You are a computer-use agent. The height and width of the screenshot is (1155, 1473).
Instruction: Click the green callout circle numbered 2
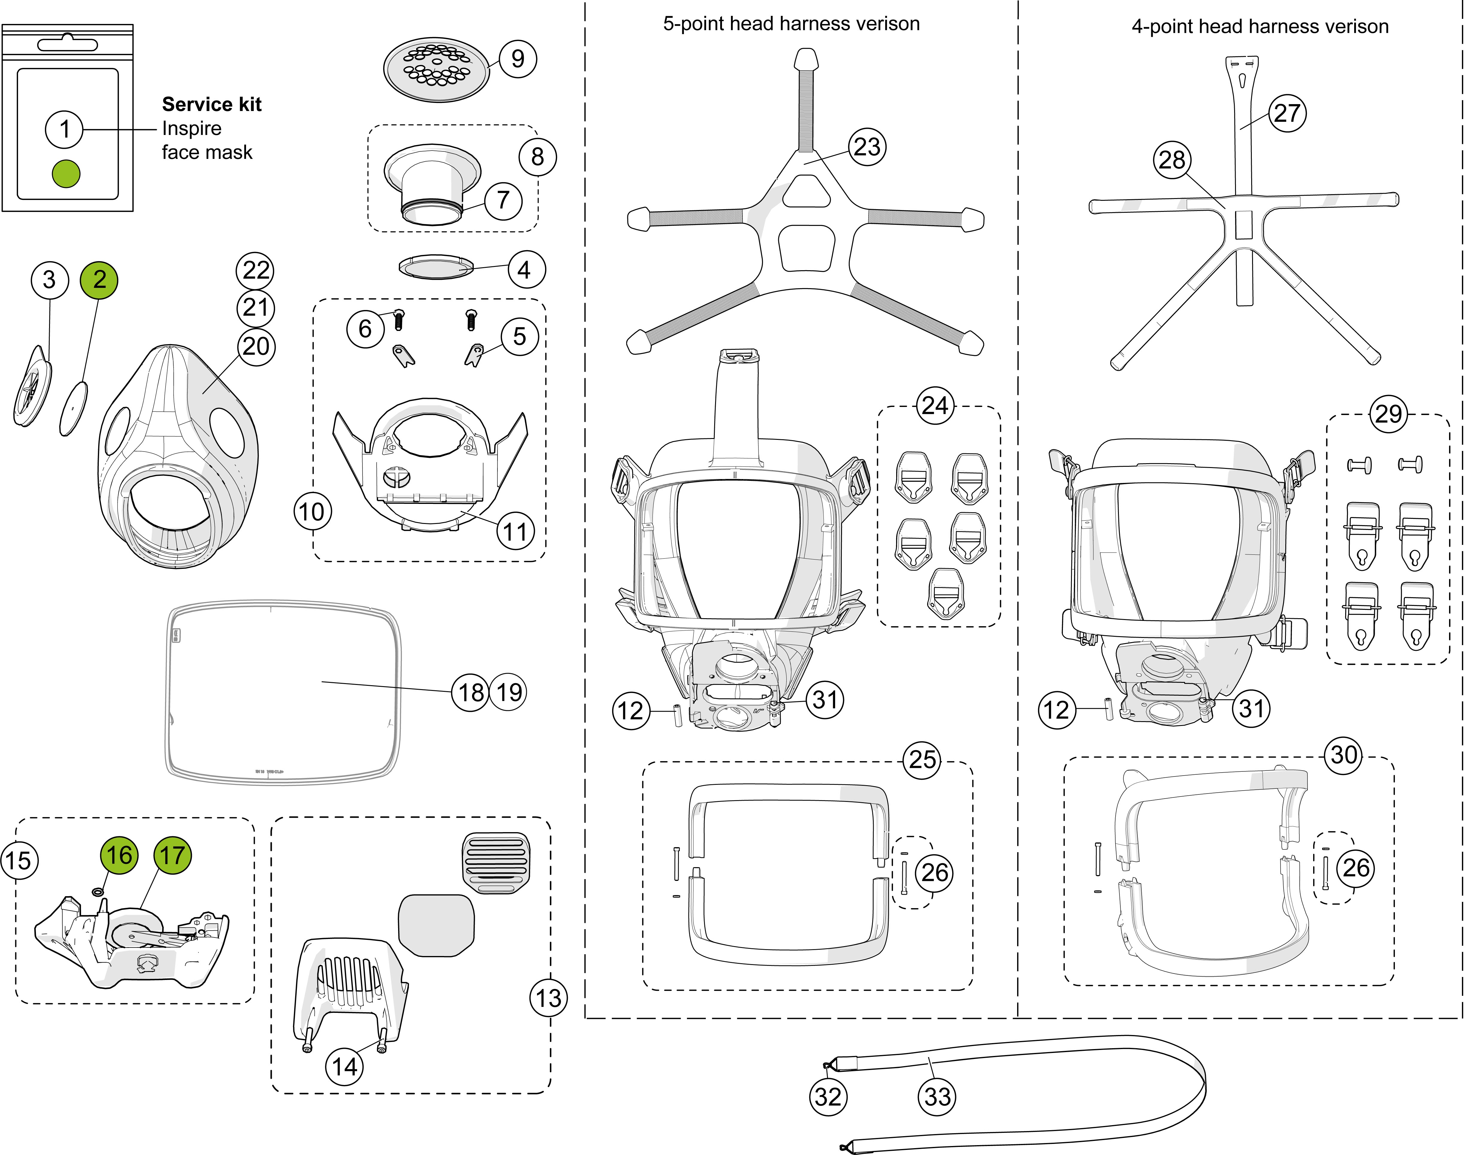coord(99,279)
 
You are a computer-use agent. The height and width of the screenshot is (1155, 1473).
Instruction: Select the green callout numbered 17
coord(172,855)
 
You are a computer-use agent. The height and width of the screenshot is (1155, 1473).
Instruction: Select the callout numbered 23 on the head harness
coord(867,147)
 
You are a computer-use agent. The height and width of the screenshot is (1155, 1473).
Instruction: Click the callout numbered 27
coord(1287,113)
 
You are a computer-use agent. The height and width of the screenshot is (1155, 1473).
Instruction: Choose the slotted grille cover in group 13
coord(496,863)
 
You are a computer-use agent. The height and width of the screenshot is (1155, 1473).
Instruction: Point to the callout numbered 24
coord(935,406)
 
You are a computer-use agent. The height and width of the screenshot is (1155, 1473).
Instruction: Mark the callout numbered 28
coord(1172,160)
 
